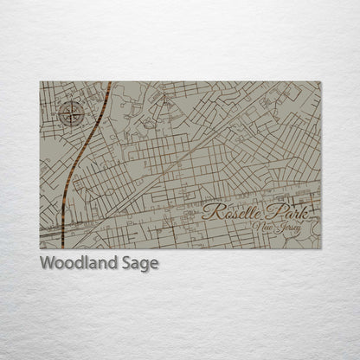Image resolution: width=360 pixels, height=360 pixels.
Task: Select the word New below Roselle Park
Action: (x=263, y=228)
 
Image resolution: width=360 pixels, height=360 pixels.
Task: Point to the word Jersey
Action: (x=289, y=228)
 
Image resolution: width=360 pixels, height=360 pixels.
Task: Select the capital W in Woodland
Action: (x=47, y=262)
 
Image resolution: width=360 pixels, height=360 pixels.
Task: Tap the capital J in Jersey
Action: (x=279, y=228)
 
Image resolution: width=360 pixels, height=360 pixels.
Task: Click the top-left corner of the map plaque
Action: (x=41, y=82)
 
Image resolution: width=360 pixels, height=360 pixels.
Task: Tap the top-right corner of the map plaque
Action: (x=320, y=82)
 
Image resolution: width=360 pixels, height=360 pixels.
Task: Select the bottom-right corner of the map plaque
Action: (x=320, y=248)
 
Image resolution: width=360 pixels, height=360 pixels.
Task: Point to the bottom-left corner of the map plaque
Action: (x=41, y=248)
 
